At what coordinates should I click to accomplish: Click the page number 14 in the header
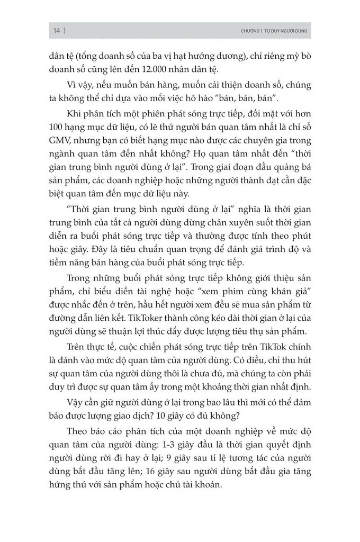click(56, 31)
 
